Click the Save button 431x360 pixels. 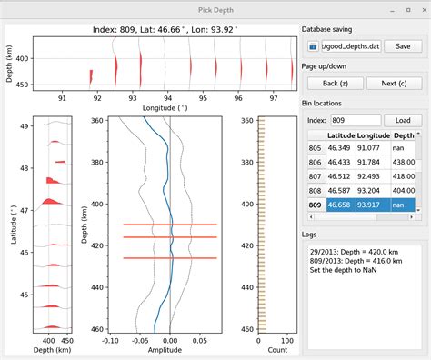(x=403, y=45)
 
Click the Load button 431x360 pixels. (x=403, y=120)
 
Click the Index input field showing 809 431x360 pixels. (x=356, y=120)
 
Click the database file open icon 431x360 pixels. (x=314, y=45)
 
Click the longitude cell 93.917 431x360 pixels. (x=373, y=206)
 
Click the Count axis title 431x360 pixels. (x=260, y=349)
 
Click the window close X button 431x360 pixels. (x=420, y=9)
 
